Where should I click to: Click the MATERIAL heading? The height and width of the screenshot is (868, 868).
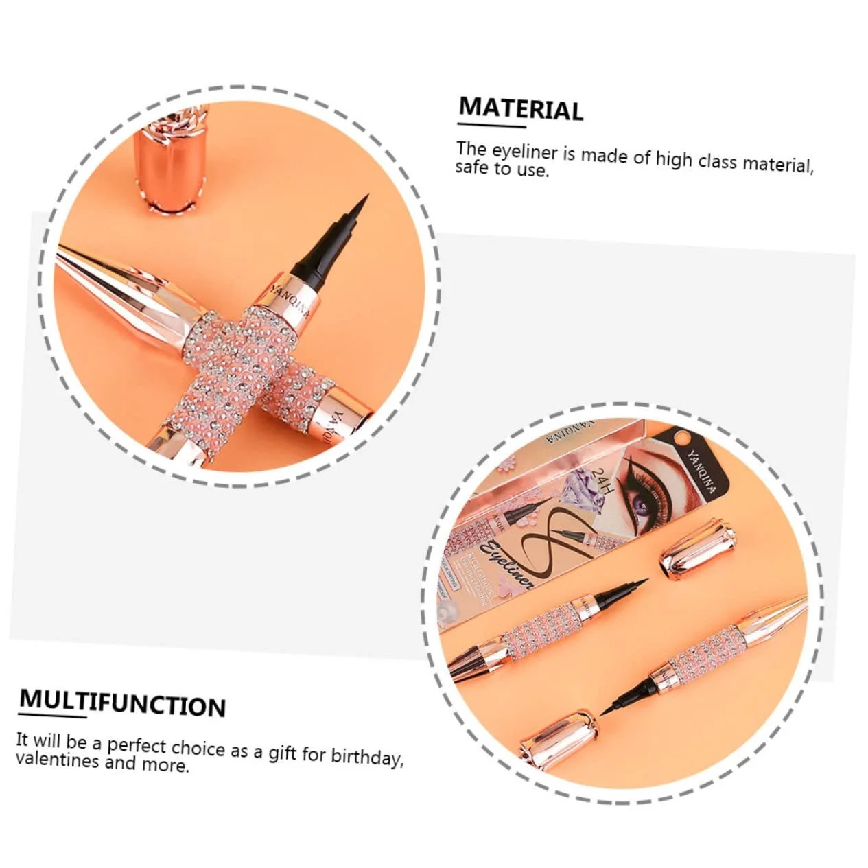click(521, 110)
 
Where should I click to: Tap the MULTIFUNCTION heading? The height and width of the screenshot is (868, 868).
click(122, 703)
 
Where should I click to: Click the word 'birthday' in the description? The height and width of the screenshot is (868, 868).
click(366, 756)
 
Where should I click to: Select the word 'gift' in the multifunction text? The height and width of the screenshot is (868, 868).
click(282, 753)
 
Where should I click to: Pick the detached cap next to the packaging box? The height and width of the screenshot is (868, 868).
click(698, 547)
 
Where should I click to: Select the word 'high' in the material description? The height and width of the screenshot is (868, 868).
click(674, 159)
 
